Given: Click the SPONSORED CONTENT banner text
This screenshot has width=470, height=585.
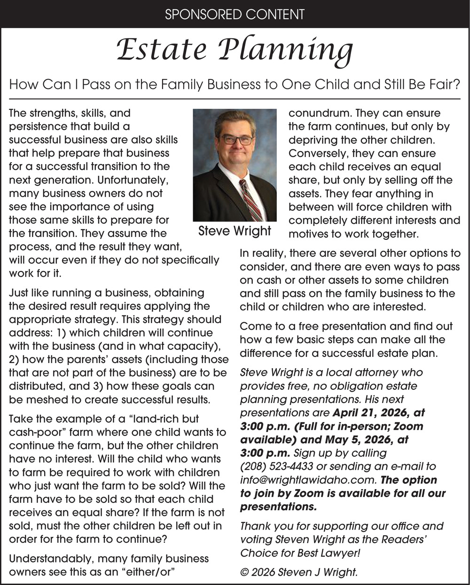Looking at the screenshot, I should pos(235,14).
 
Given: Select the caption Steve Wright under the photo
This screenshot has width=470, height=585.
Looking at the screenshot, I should pos(235,231).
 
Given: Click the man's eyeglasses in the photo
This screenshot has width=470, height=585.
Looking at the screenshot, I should pos(236,140).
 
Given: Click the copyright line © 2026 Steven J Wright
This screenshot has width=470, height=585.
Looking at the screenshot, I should pos(299,572).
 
